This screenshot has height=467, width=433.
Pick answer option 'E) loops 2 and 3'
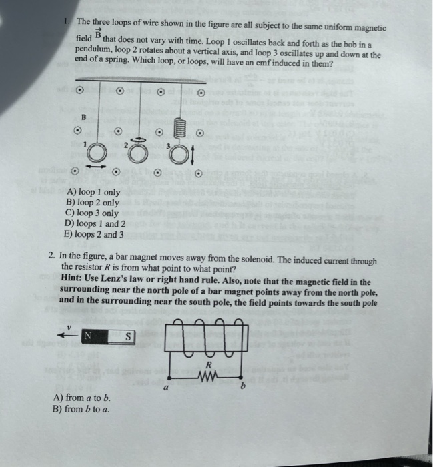tap(97, 234)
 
